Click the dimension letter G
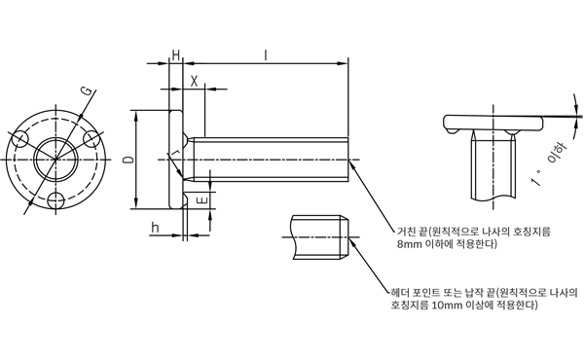point(87,90)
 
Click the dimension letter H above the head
point(176,55)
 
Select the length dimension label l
point(265,55)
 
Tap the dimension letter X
point(194,81)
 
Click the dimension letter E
point(203,200)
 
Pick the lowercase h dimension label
point(156,228)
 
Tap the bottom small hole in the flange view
point(55,200)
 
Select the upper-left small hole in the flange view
point(20,139)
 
